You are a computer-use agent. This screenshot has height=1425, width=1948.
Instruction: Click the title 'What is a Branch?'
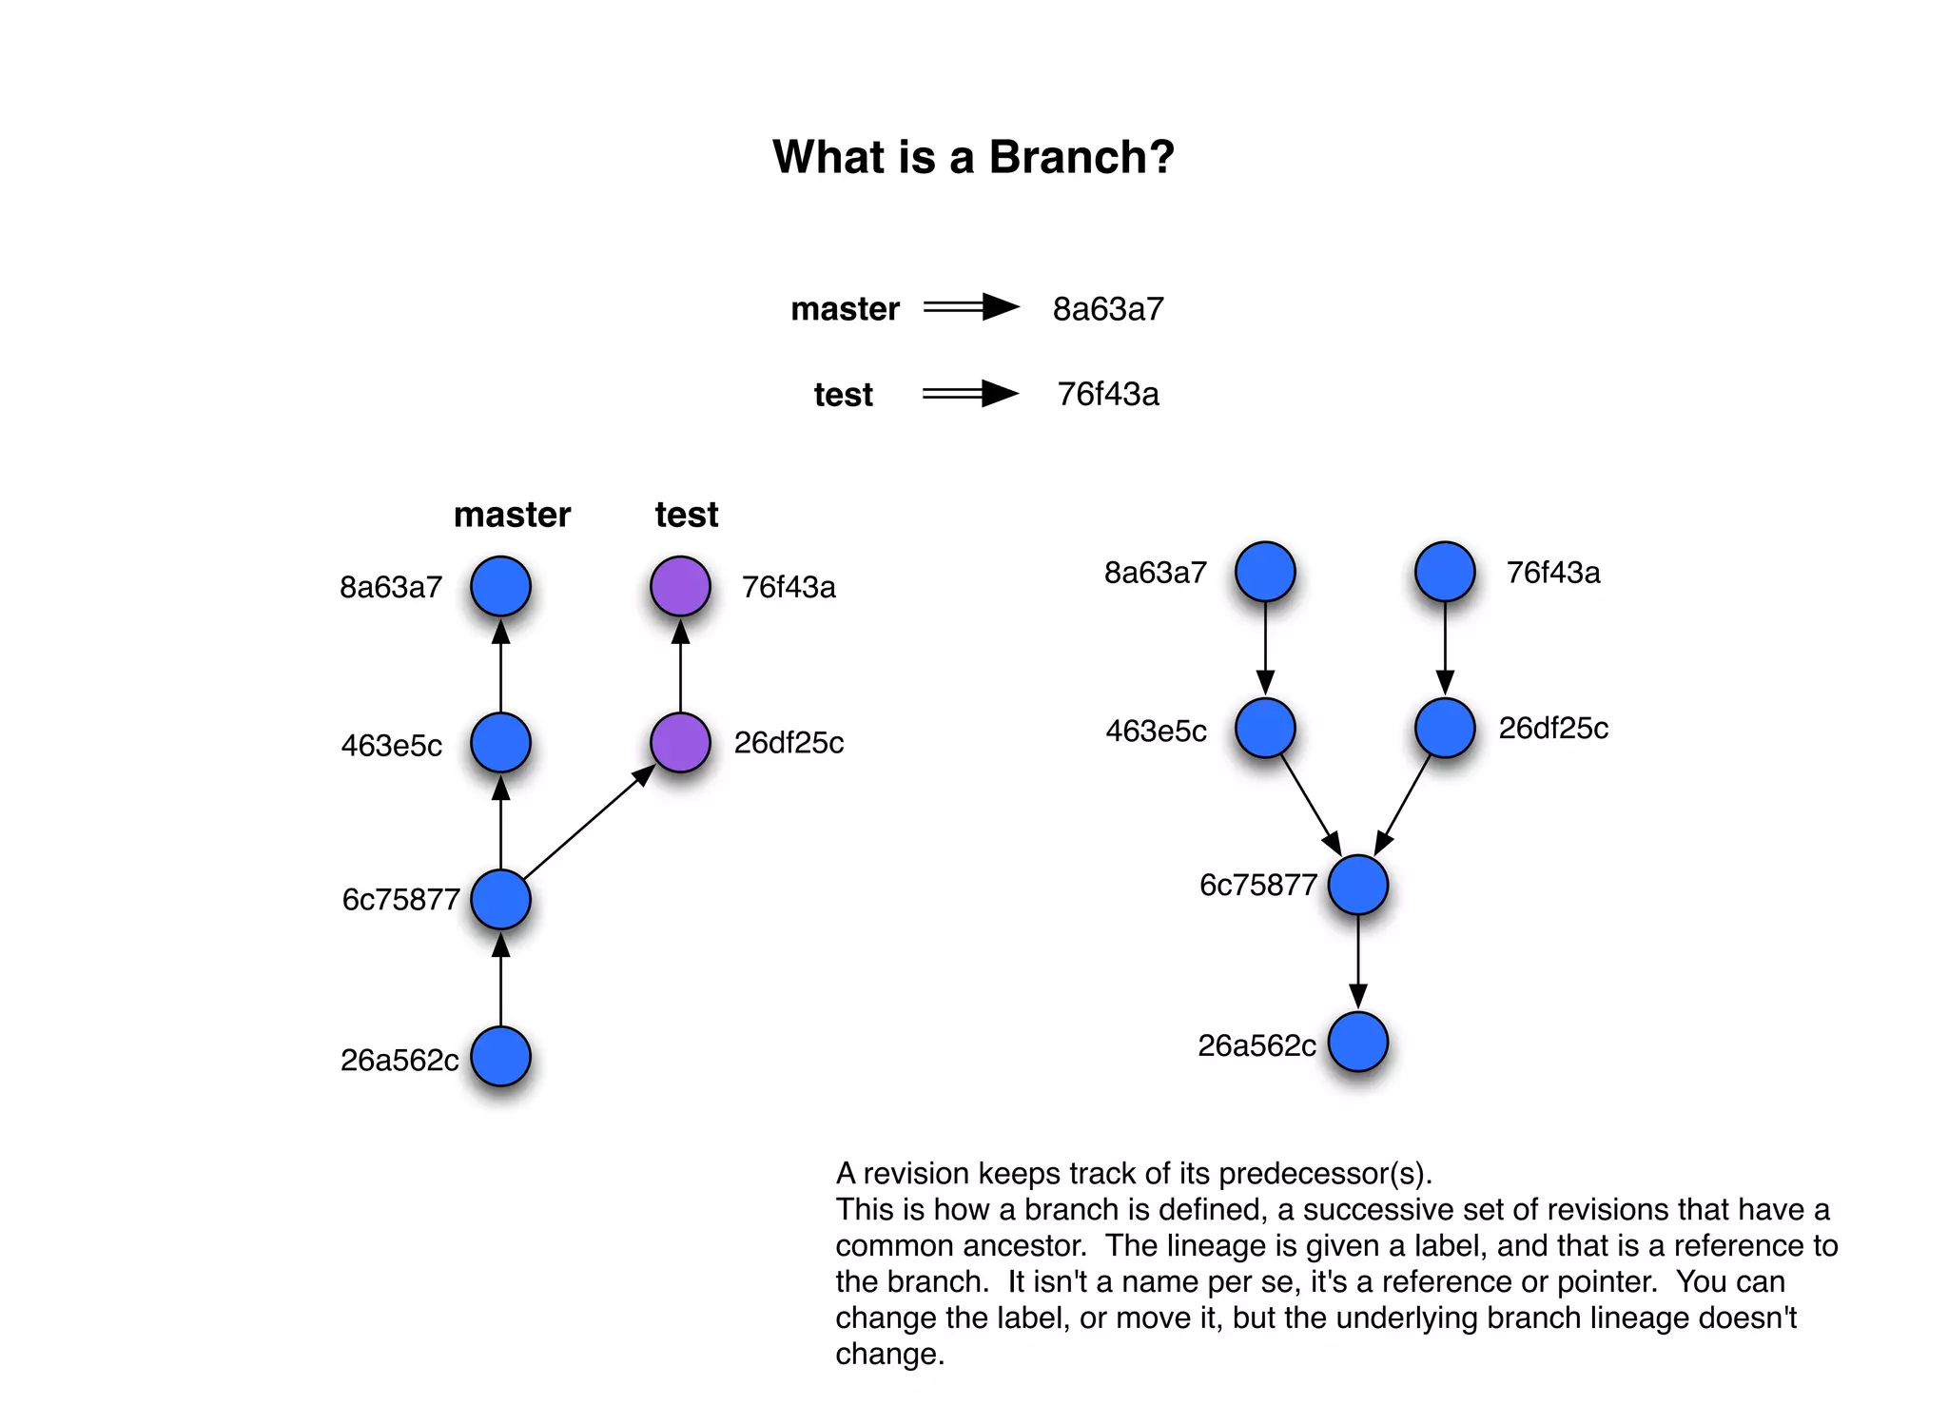973,157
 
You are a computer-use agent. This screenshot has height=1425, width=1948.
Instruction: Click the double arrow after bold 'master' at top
970,307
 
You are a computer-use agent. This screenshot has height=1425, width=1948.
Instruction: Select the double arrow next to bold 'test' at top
970,393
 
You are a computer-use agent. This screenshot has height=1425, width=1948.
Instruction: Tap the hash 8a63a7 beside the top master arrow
1108,309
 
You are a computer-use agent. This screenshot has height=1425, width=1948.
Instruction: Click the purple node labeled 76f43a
680,586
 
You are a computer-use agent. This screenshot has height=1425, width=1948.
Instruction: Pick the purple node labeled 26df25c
680,742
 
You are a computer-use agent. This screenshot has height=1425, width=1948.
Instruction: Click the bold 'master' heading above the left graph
512,515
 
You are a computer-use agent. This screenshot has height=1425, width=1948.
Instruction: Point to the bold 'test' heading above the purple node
686,515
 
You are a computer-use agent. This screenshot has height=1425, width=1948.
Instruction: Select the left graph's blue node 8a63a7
500,586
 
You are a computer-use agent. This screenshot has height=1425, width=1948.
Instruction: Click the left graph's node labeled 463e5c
500,742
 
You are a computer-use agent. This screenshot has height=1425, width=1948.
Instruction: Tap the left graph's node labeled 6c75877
500,899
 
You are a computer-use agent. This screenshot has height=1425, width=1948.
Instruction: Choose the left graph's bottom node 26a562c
500,1056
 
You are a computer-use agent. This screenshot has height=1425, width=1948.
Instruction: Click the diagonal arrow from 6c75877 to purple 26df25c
588,822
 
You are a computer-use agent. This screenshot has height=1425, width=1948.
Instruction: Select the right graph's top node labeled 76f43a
1445,572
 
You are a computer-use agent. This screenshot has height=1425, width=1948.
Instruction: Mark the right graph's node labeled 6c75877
1357,885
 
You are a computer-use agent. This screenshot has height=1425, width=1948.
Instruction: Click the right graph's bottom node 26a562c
1357,1042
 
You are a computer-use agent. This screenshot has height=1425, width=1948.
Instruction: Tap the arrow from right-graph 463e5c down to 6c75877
1311,805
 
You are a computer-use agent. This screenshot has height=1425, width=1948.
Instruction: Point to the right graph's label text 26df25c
1553,729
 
